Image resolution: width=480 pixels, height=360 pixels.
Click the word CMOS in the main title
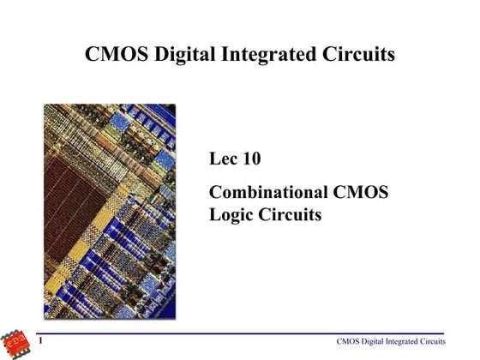(116, 55)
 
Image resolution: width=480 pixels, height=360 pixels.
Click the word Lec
(225, 159)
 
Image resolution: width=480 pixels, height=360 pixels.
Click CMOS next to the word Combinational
(360, 192)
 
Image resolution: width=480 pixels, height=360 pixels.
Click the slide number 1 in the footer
(41, 342)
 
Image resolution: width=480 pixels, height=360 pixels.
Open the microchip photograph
(110, 211)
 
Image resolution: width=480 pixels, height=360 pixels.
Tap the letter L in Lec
(215, 159)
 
